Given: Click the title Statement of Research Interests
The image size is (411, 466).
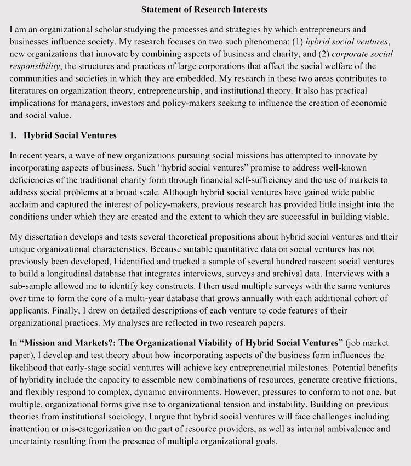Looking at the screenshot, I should pos(204,9).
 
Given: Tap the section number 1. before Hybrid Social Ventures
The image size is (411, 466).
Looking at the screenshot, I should pos(13,135).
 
